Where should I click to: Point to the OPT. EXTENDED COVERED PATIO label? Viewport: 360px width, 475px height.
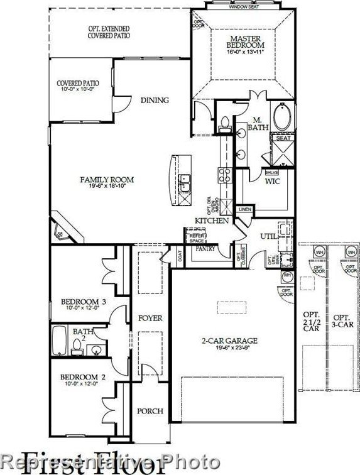point(110,33)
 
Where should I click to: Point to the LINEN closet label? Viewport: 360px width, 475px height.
point(244,210)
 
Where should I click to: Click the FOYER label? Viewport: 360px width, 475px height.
point(150,319)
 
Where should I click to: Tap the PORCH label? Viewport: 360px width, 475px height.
point(150,411)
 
